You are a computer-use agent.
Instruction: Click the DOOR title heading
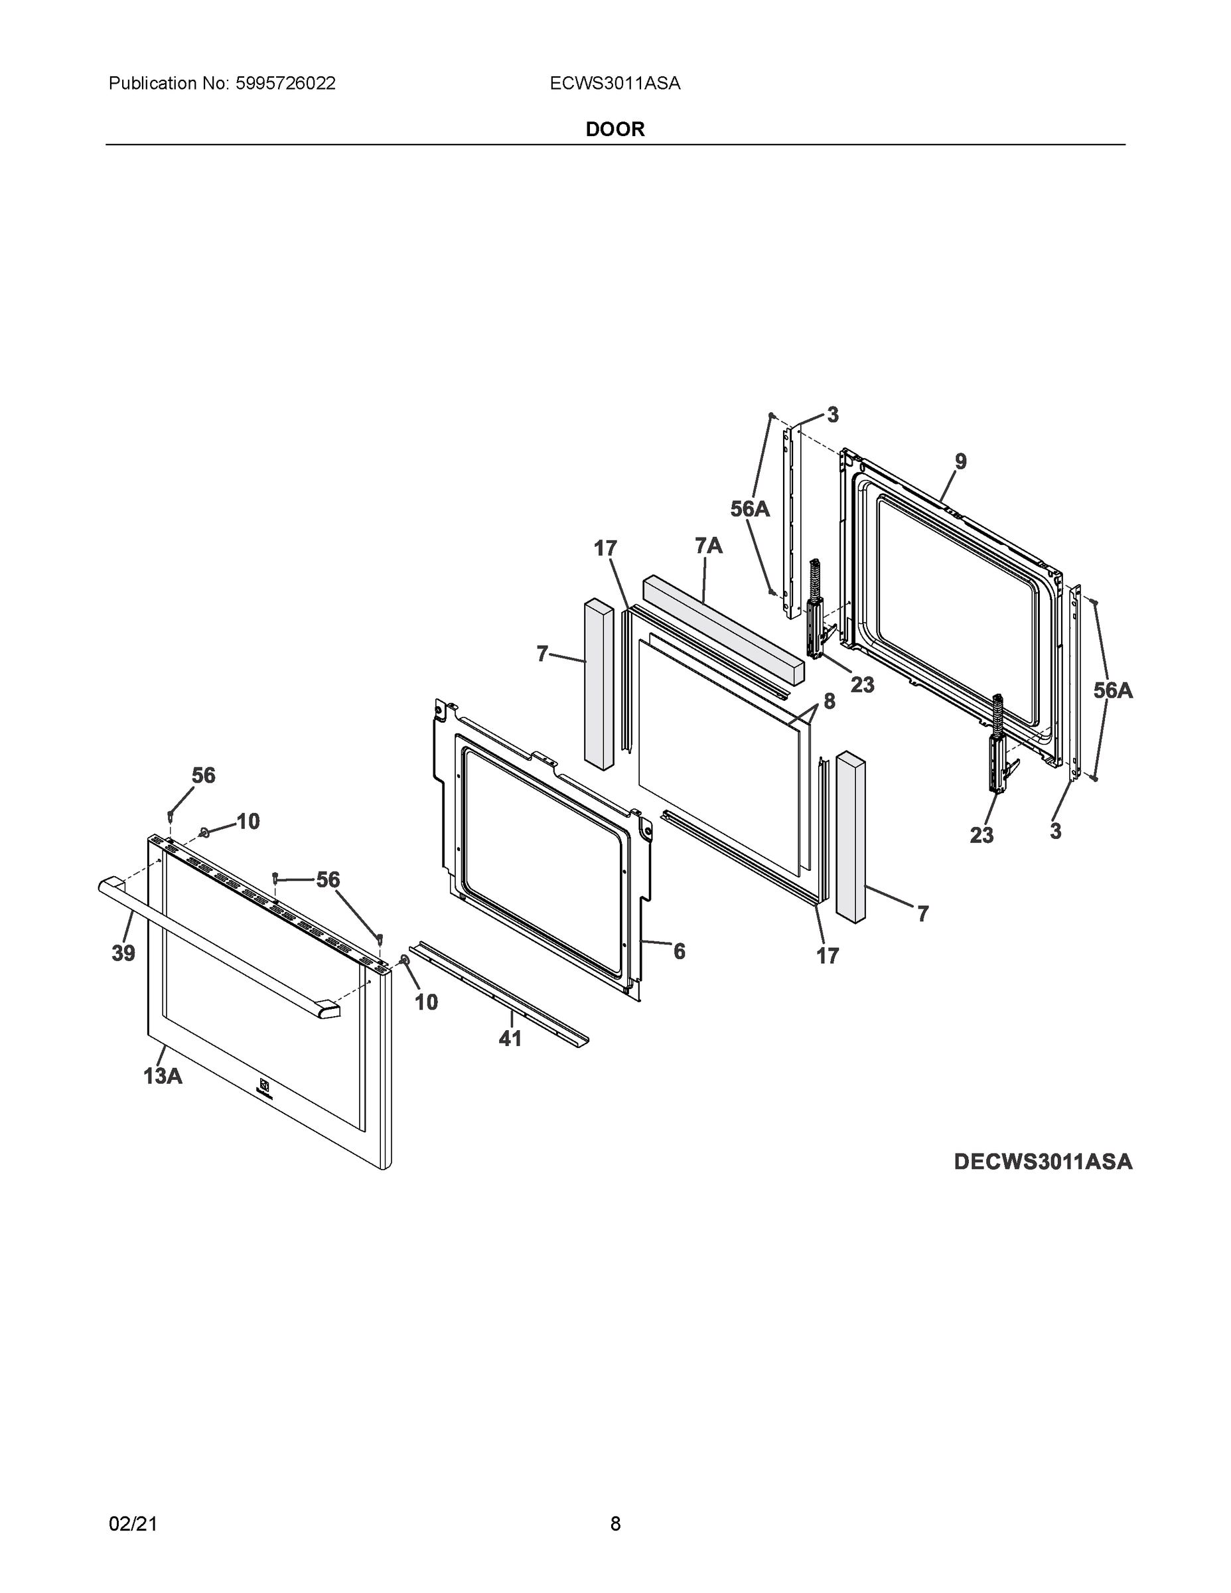(x=615, y=129)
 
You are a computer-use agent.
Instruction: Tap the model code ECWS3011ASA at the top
(x=615, y=84)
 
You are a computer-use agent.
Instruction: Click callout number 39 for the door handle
(x=123, y=952)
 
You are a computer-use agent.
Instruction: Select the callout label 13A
(x=163, y=1075)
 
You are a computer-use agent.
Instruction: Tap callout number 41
(x=510, y=1038)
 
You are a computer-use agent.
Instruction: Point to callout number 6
(x=679, y=951)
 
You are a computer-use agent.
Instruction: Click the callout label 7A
(x=708, y=545)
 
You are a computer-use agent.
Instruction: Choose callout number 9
(x=960, y=462)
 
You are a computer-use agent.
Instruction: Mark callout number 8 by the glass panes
(x=829, y=701)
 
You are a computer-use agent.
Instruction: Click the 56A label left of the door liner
(x=750, y=509)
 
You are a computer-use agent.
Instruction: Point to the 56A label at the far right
(x=1113, y=690)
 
